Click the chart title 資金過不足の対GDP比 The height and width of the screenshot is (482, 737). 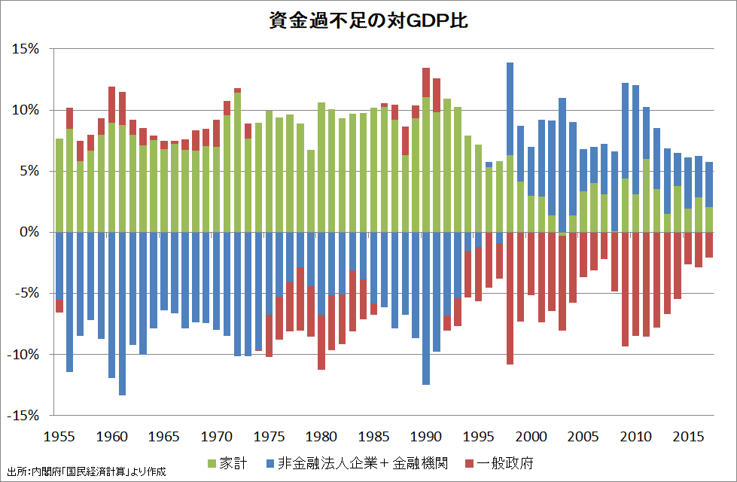click(368, 20)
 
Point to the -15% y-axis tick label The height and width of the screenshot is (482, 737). click(24, 415)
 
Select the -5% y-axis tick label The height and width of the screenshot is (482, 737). click(27, 293)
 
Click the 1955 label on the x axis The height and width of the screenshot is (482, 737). click(59, 437)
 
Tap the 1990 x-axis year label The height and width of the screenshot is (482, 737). click(426, 437)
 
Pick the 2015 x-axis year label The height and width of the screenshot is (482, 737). click(688, 437)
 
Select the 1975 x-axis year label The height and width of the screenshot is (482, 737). click(269, 437)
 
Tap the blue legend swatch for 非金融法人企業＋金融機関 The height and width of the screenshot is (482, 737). click(270, 462)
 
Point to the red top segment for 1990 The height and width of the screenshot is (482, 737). click(426, 82)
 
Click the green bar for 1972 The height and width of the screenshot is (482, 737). click(237, 162)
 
